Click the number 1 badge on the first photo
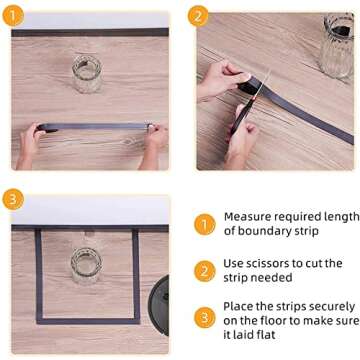(16, 16)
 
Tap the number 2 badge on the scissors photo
(199, 16)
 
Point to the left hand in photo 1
(31, 140)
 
